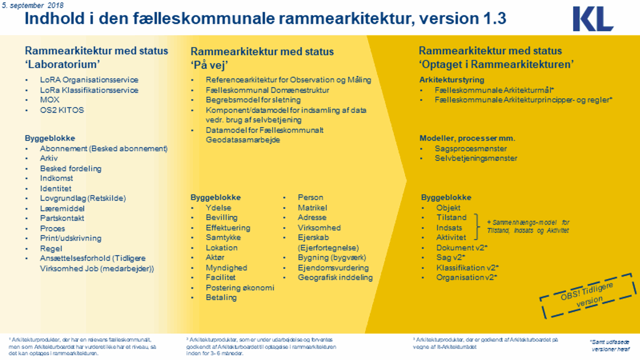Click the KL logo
[x=593, y=19]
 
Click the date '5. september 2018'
[x=32, y=5]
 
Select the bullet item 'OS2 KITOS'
[x=62, y=110]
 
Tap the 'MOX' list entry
[x=50, y=100]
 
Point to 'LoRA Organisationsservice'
[x=89, y=80]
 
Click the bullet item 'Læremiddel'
[x=62, y=209]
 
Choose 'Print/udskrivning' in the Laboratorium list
[x=70, y=238]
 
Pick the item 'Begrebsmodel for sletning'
[x=253, y=100]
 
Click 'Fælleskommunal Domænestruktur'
[x=267, y=90]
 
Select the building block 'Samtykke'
[x=223, y=237]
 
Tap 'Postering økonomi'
[x=240, y=287]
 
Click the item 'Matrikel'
[x=312, y=208]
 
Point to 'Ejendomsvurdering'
[x=333, y=268]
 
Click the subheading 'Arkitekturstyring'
[x=452, y=80]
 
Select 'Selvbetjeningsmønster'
[x=476, y=158]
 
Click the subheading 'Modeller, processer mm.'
[x=467, y=138]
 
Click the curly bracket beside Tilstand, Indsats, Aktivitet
[x=477, y=227]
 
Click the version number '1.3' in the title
[x=495, y=19]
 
